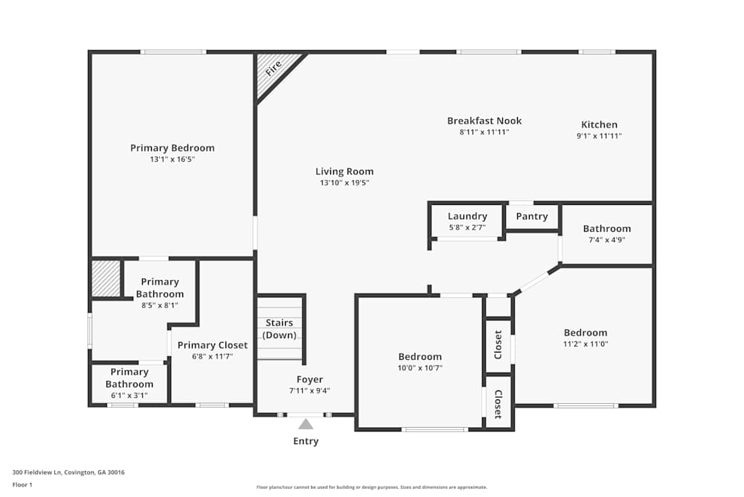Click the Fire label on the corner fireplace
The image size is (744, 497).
click(x=274, y=67)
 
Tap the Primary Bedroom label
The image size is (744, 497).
click(x=172, y=148)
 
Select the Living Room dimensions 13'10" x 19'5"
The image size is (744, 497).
click(x=344, y=183)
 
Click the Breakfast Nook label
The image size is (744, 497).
click(x=484, y=121)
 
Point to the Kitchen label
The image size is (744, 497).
click(x=599, y=124)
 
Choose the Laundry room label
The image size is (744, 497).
click(x=467, y=216)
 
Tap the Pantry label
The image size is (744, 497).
click(x=532, y=216)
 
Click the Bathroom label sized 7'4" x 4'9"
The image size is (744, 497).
click(x=606, y=229)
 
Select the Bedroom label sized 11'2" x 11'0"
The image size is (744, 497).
click(x=585, y=332)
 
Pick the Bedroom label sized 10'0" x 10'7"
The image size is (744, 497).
click(x=420, y=356)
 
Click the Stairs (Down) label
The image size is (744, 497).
click(x=280, y=329)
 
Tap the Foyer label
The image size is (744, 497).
click(x=310, y=379)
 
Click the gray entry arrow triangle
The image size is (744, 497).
click(x=306, y=424)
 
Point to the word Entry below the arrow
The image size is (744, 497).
click(x=306, y=441)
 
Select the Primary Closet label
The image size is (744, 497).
click(x=212, y=345)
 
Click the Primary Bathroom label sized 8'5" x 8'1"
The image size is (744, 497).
click(x=160, y=288)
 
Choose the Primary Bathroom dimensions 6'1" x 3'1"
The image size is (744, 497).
click(x=129, y=396)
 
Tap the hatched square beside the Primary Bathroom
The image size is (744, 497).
click(x=106, y=278)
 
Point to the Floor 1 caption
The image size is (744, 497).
click(x=22, y=484)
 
